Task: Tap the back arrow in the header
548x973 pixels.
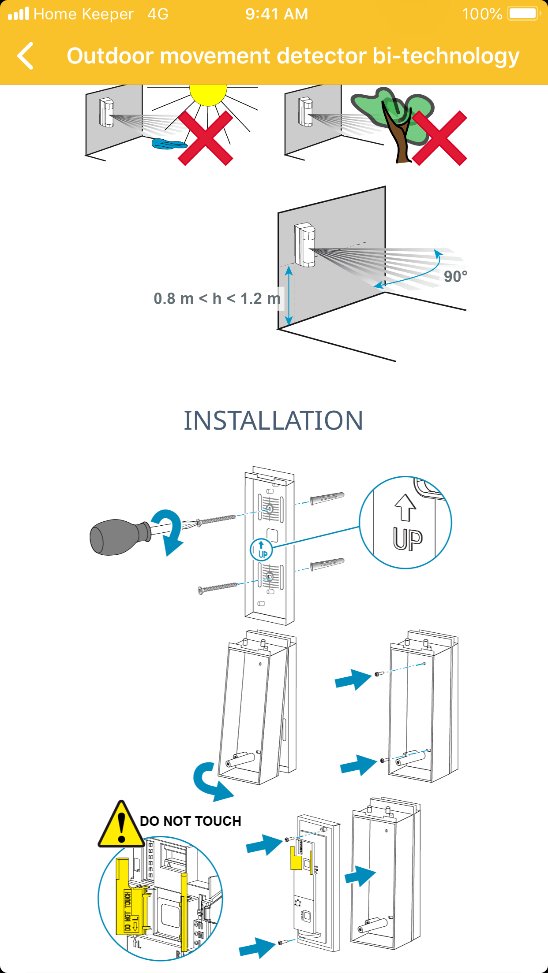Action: pos(26,56)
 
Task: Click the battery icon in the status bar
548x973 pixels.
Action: pos(524,14)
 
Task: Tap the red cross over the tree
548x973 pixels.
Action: pos(439,138)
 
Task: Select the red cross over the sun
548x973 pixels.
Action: pos(206,138)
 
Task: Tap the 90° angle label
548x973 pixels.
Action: pos(455,277)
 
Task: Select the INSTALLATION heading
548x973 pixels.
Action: pos(274,420)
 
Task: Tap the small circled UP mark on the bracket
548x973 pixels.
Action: pos(261,550)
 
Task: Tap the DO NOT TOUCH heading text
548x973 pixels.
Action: pos(191,821)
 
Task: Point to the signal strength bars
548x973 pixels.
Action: pos(19,14)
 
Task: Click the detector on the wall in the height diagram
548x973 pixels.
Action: pos(304,245)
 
